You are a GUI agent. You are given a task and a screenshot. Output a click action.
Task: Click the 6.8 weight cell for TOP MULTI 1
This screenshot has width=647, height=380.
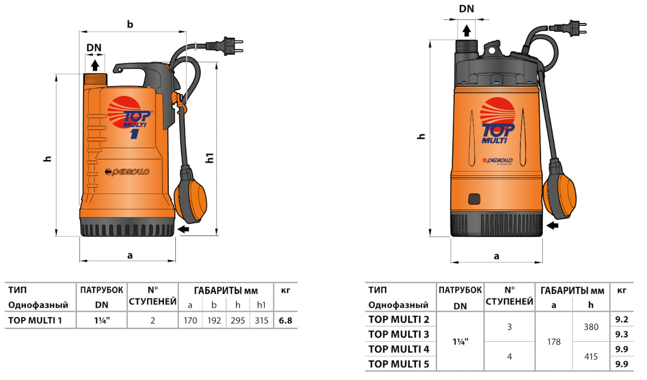pos(286,321)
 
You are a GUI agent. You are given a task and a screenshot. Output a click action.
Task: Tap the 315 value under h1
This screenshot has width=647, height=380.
pos(261,321)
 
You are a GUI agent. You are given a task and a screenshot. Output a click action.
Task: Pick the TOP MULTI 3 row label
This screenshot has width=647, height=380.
pos(398,334)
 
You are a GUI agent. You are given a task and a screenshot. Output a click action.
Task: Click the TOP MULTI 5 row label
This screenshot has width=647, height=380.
pos(398,364)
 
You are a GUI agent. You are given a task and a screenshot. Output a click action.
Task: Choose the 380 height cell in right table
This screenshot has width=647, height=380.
pos(591,326)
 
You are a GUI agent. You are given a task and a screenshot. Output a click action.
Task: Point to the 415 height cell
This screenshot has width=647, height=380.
pos(591,356)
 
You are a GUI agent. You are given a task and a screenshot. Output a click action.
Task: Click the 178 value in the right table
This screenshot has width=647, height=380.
pos(553,341)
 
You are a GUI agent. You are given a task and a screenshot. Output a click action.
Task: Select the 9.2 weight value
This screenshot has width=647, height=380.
pos(622,319)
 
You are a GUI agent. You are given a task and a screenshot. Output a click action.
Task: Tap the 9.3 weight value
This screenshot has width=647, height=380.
pos(622,334)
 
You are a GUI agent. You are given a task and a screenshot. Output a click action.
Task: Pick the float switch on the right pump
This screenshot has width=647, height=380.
pos(558,188)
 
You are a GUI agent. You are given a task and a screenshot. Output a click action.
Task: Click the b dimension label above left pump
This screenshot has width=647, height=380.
pos(130,24)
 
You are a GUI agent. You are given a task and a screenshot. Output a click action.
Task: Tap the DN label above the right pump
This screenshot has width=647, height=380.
pos(466,9)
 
